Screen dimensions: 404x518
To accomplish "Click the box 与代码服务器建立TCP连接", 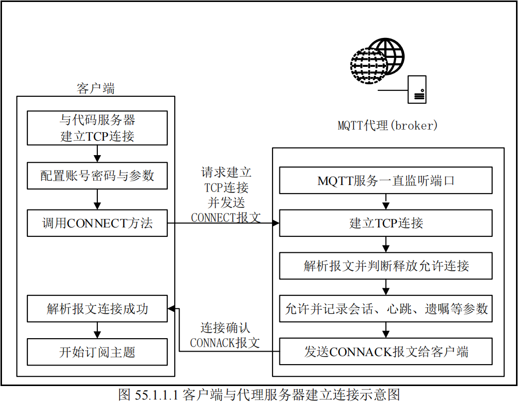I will click(x=97, y=128).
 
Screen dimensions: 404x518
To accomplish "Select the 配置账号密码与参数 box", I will click(x=97, y=176).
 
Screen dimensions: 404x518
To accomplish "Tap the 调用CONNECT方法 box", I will click(x=97, y=222).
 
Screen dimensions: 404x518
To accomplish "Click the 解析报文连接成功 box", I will click(x=97, y=309).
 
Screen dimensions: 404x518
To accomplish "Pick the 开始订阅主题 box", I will click(x=97, y=352).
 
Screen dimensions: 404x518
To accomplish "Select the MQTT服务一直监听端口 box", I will click(x=386, y=180).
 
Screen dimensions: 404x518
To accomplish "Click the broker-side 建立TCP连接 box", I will click(x=386, y=222).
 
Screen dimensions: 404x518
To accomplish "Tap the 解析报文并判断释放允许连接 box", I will click(x=386, y=265).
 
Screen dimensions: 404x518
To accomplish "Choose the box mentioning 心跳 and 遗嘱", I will click(x=386, y=309).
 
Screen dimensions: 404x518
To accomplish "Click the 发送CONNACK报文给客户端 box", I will click(x=386, y=352).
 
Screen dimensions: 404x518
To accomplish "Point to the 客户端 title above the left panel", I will click(x=96, y=89).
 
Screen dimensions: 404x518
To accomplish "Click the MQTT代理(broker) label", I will click(x=387, y=125).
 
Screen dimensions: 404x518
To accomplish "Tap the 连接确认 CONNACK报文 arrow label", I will click(x=225, y=335).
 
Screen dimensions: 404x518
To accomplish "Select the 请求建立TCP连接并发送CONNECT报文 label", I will click(x=226, y=195).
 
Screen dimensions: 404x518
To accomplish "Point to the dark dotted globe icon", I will click(x=369, y=65).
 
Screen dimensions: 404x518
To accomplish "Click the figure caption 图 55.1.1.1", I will click(x=259, y=395).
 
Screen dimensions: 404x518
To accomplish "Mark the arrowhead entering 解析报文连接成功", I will click(x=171, y=309).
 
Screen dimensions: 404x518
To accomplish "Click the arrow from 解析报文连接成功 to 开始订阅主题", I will click(x=97, y=330).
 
